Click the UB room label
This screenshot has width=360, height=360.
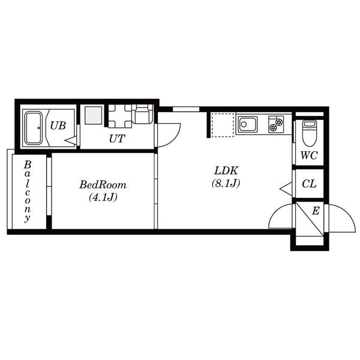(58, 125)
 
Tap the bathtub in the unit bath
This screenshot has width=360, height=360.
(34, 128)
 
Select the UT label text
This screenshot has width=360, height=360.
(117, 139)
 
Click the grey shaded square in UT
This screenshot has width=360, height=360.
(94, 115)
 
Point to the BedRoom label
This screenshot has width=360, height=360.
(103, 185)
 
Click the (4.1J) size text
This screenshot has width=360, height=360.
(103, 197)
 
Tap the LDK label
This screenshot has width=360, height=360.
(226, 170)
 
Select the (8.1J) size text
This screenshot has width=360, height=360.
(226, 183)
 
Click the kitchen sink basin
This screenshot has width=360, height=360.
(247, 124)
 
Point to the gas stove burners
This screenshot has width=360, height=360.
(276, 124)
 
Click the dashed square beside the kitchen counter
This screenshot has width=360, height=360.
(223, 125)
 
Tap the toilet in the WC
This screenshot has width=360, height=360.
(309, 133)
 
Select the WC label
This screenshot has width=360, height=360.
(309, 155)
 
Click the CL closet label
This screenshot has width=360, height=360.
(309, 184)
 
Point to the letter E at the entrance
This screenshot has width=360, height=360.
(316, 211)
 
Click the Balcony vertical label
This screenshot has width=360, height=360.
(28, 192)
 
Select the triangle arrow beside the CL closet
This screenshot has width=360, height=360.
(286, 189)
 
